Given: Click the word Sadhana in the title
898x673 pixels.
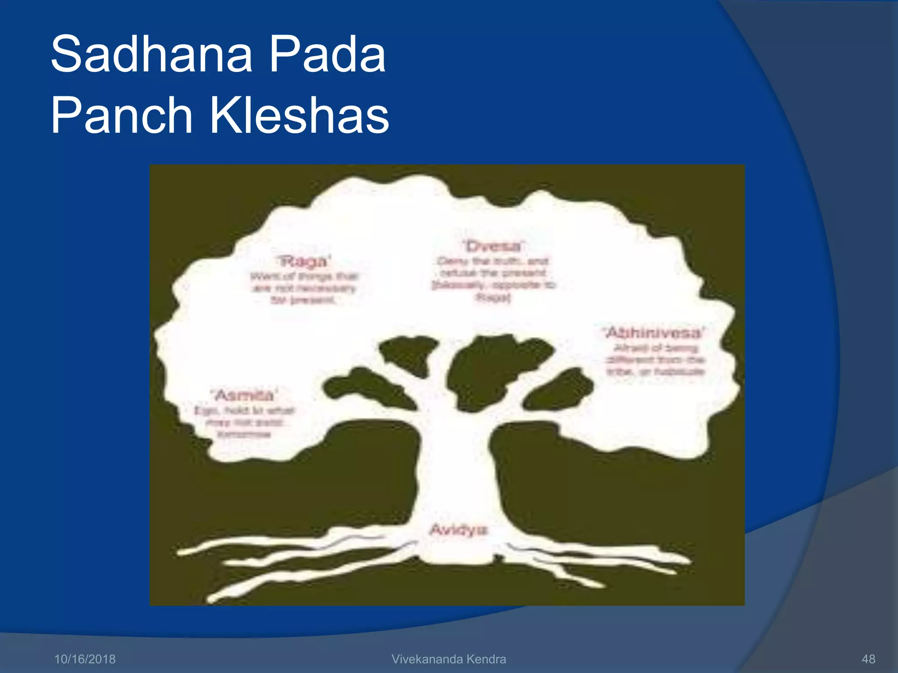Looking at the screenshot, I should (151, 54).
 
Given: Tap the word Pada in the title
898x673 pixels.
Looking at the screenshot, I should (327, 54).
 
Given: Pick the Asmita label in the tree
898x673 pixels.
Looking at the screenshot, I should (245, 395).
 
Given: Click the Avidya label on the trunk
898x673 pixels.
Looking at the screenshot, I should (459, 530).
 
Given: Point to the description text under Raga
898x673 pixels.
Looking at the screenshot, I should (304, 288).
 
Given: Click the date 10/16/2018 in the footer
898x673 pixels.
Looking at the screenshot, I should (85, 659).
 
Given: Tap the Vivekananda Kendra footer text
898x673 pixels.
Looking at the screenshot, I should (449, 659).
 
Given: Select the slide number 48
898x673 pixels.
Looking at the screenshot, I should (868, 659).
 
